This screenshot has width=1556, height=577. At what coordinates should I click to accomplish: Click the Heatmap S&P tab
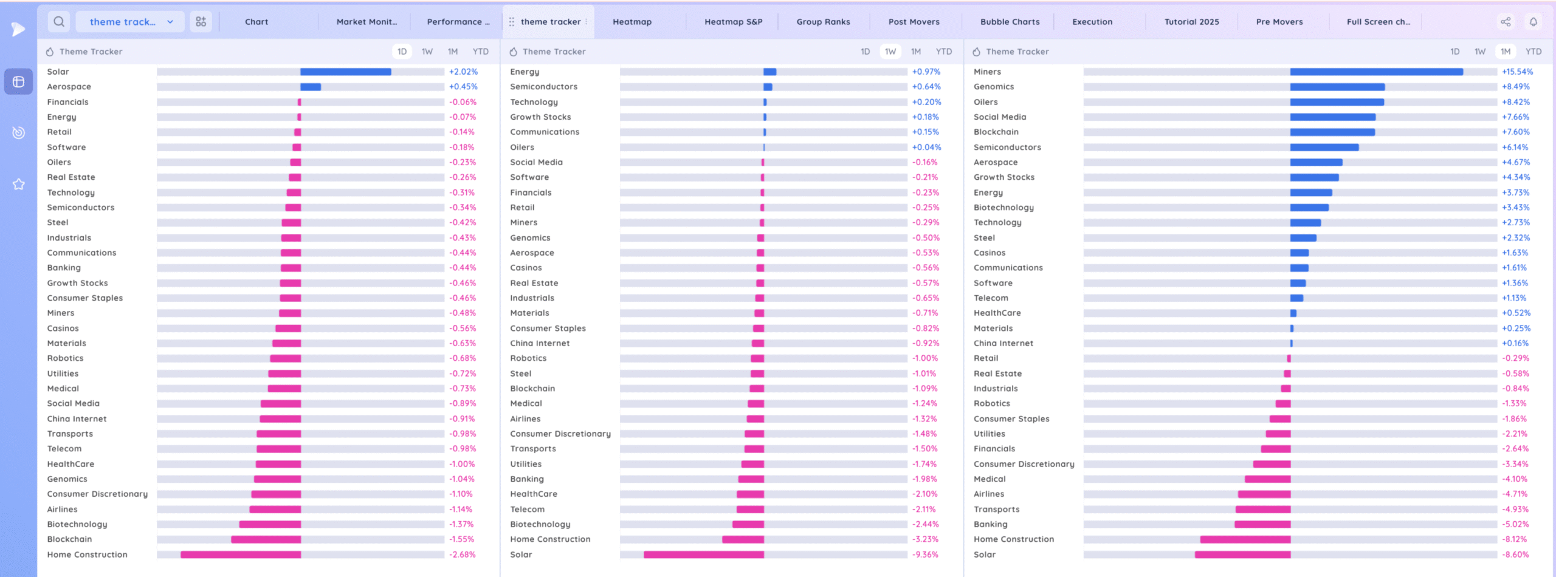733,22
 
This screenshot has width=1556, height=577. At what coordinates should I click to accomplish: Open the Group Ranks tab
823,22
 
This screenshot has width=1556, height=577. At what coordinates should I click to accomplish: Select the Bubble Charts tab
1010,22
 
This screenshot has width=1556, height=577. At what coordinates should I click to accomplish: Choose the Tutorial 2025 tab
1191,22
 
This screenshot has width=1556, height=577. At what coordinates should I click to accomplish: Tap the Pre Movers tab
1279,22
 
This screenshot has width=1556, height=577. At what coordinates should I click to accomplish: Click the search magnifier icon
59,22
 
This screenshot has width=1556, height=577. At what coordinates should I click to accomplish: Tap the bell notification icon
1534,22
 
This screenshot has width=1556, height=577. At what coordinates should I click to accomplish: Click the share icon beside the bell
1506,22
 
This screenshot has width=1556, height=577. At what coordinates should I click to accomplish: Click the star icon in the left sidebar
19,184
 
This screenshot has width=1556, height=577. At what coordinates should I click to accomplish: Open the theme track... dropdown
130,22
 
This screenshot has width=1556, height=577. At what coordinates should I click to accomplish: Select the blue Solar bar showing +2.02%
345,72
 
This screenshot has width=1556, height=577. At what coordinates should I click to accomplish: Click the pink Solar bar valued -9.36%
704,555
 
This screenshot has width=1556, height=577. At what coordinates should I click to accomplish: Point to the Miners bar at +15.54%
1376,72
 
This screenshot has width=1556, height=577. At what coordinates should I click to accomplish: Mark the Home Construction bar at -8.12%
1245,539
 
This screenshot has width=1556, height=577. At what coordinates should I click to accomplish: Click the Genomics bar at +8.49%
1337,87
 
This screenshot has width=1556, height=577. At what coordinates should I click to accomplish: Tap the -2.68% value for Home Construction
462,555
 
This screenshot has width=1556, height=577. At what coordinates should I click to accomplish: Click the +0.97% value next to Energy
926,72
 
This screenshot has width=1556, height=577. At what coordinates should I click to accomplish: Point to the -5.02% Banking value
1515,524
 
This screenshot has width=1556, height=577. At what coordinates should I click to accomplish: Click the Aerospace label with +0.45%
69,87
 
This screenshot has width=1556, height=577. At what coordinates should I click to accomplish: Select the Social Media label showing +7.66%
999,117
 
